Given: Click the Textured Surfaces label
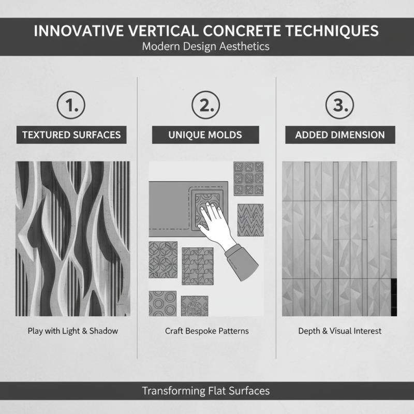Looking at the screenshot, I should coord(71,135).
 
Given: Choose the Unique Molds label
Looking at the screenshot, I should coord(206,135).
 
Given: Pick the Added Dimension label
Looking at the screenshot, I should coord(340,135).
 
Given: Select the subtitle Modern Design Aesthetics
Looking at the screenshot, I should coord(206,46).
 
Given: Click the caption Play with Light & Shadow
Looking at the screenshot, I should coord(73,331).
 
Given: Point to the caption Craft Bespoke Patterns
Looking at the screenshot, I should coord(207,331).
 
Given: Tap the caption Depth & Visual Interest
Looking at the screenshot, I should coord(340,331).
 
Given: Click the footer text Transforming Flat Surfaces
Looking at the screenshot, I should coord(206,391).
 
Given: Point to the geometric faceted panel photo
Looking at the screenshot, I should coord(339,239).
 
